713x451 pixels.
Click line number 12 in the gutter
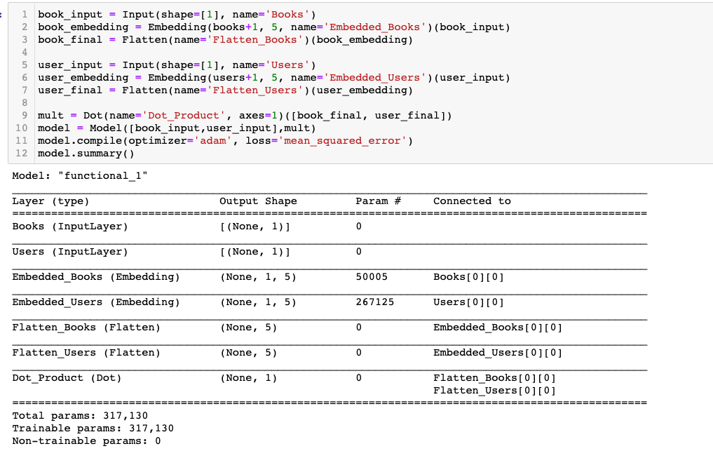21,153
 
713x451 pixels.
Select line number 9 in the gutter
24,115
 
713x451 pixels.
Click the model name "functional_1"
104,175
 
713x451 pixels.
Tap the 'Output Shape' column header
258,201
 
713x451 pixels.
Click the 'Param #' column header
378,201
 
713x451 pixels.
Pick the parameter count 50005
372,277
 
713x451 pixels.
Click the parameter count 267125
374,302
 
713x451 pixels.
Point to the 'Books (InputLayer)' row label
70,227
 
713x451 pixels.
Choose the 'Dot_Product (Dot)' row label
67,378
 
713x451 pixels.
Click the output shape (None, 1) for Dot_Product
248,378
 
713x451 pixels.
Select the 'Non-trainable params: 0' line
86,441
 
